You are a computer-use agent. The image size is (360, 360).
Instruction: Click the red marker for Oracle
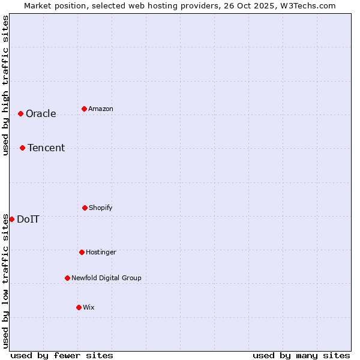tap(20, 113)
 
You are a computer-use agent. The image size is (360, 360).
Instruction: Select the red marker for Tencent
tap(22, 148)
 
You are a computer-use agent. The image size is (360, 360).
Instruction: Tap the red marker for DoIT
tap(11, 219)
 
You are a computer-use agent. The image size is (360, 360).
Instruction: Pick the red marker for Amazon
tap(84, 109)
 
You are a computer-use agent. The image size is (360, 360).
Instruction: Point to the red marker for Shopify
tap(85, 208)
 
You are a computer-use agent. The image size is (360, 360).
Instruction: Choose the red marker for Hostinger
tap(82, 252)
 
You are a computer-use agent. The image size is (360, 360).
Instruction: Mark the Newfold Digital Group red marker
tap(67, 278)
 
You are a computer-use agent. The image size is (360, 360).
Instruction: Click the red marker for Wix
tap(79, 307)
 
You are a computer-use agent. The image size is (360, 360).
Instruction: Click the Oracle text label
tap(41, 114)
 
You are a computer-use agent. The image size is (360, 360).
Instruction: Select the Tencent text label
tap(46, 148)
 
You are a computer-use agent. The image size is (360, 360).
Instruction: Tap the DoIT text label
tap(28, 220)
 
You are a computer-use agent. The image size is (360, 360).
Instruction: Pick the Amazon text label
tap(101, 109)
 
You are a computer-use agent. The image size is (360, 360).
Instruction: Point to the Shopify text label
tap(101, 208)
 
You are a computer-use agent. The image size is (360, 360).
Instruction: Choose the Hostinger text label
tap(101, 253)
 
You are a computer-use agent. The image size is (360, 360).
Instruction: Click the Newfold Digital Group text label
tap(107, 278)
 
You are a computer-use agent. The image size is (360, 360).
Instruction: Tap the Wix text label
tap(89, 308)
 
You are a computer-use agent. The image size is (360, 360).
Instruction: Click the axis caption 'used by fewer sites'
tap(62, 356)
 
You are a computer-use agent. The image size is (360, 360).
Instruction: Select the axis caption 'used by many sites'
tap(301, 356)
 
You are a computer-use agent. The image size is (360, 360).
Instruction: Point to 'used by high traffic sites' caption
tap(5, 86)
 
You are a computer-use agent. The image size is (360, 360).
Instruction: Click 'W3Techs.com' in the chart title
tap(307, 5)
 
